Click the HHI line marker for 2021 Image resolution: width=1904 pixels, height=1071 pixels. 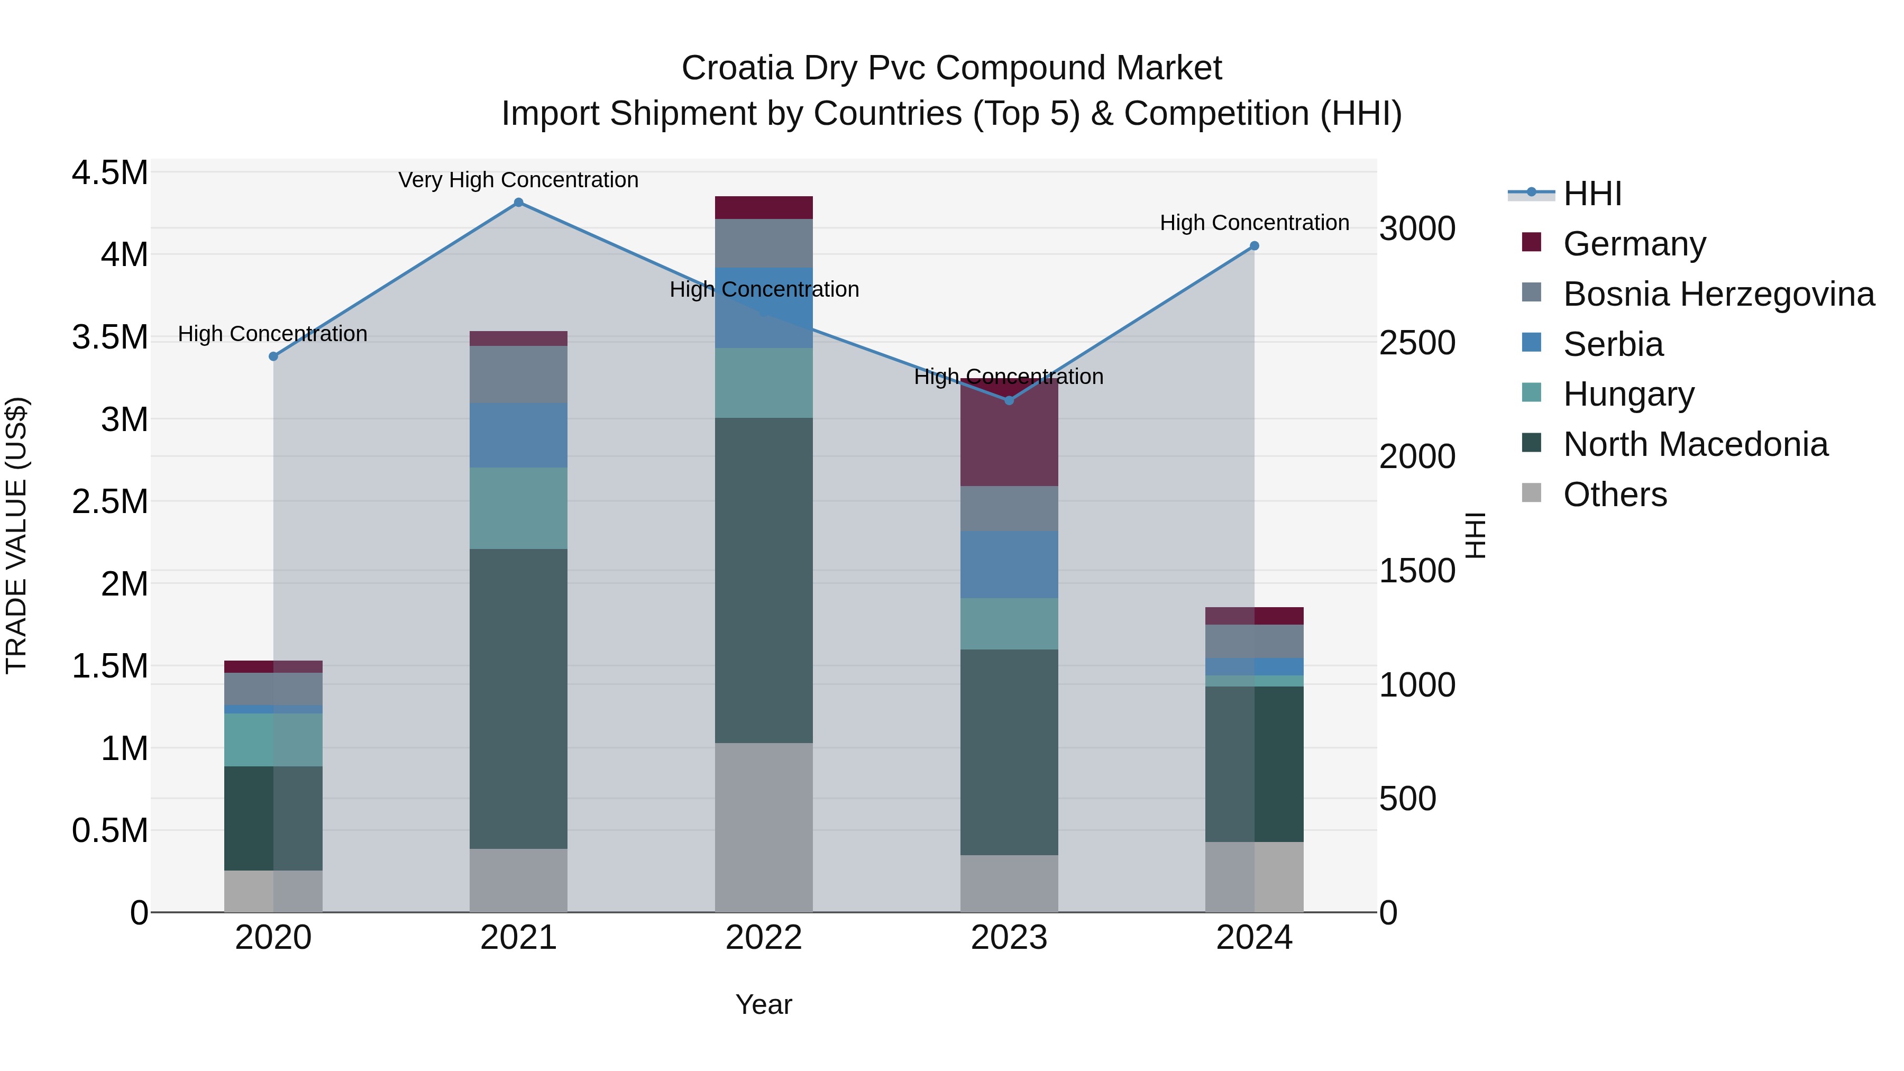[518, 203]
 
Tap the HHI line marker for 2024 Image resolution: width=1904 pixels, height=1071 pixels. [1255, 246]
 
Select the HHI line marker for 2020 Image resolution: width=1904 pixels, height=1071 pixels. [273, 356]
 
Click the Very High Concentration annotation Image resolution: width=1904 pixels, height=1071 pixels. [518, 180]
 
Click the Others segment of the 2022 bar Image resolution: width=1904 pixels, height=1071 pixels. [764, 827]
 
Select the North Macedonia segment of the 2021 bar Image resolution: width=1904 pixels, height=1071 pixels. [518, 699]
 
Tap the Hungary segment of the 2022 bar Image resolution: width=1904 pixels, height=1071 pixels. [764, 383]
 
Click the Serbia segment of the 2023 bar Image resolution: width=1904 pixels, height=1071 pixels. [1009, 565]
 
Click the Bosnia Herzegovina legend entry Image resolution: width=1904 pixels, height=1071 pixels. [1718, 294]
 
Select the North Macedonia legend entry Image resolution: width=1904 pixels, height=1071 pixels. [1695, 445]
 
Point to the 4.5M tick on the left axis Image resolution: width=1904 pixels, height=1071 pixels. [109, 173]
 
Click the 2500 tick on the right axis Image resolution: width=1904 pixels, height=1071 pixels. [1417, 343]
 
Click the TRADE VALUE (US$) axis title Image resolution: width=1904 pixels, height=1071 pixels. [16, 535]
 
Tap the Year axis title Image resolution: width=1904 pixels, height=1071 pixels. [764, 1004]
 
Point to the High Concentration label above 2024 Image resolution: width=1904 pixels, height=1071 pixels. [1255, 223]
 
